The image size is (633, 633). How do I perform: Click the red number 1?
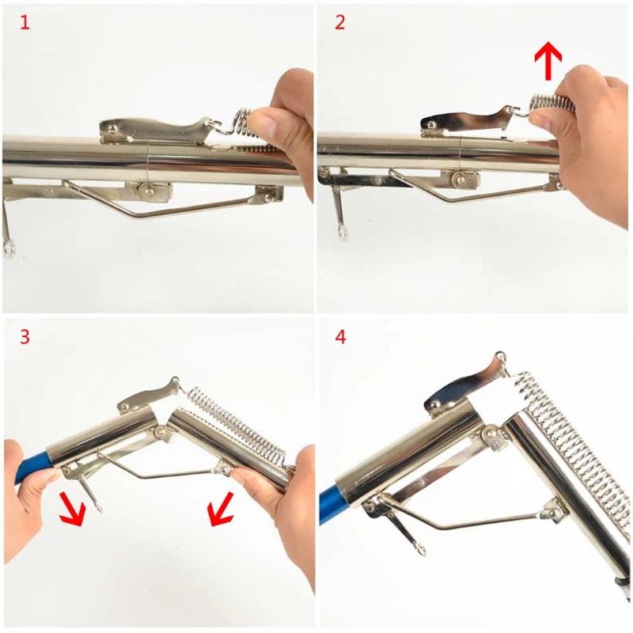click(x=25, y=22)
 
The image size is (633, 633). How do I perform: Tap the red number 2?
click(x=340, y=22)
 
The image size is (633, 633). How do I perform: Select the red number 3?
click(x=25, y=337)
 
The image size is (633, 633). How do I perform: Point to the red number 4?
click(x=340, y=337)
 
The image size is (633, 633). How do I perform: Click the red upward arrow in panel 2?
click(x=548, y=61)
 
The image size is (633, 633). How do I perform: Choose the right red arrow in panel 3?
click(x=221, y=509)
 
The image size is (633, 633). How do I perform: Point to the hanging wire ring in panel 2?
click(x=344, y=233)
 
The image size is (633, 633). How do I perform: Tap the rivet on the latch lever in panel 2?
click(x=431, y=124)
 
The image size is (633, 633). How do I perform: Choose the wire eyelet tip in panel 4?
click(x=420, y=549)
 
